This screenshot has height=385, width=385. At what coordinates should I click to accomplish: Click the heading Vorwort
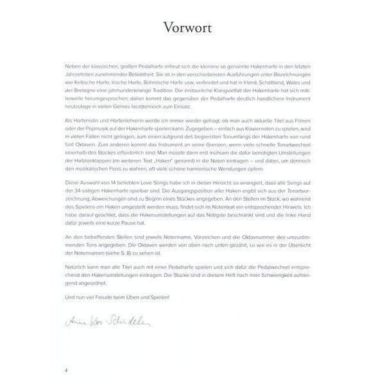192,30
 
